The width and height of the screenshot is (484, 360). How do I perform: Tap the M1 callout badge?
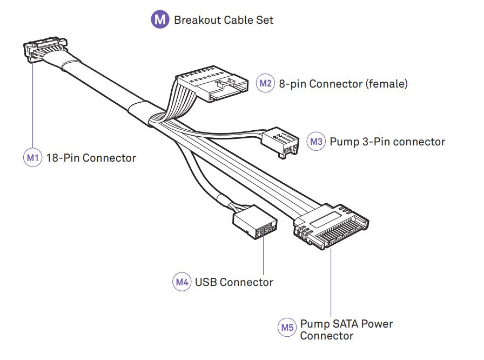[32, 158]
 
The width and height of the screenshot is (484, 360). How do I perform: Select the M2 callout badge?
[265, 84]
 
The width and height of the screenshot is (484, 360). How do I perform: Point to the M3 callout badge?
[316, 142]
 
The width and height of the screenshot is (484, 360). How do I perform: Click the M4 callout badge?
[182, 282]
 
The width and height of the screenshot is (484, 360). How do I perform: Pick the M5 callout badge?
[287, 327]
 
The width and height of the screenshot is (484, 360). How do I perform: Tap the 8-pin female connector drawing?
[210, 85]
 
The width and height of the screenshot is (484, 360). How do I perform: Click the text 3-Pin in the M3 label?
[373, 142]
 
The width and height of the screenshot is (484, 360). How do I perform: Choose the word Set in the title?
[264, 21]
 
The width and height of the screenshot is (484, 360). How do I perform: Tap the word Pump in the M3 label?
[342, 142]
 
